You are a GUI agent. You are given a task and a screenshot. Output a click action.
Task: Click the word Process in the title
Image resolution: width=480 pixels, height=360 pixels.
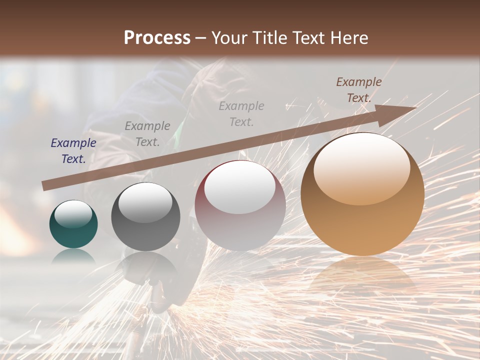pyautogui.click(x=157, y=38)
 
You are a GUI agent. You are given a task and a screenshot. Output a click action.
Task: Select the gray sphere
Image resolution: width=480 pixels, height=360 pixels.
pyautogui.click(x=145, y=216)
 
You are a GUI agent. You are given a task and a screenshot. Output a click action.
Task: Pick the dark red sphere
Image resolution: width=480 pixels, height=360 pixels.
pyautogui.click(x=240, y=206)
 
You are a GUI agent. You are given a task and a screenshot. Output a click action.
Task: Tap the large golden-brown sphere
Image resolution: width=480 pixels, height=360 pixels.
pyautogui.click(x=362, y=195)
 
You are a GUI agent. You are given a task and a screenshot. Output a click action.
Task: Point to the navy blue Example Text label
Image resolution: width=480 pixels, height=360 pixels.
pyautogui.click(x=73, y=151)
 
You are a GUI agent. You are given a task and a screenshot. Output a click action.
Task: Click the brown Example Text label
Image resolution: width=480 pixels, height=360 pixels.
pyautogui.click(x=358, y=90)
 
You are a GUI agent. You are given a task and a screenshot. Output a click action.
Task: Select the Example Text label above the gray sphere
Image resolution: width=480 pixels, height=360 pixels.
pyautogui.click(x=147, y=134)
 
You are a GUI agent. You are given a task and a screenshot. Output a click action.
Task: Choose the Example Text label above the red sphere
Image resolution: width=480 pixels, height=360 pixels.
pyautogui.click(x=241, y=113)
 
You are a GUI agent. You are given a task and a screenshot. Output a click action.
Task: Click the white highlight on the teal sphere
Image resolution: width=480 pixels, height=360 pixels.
pyautogui.click(x=73, y=214)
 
